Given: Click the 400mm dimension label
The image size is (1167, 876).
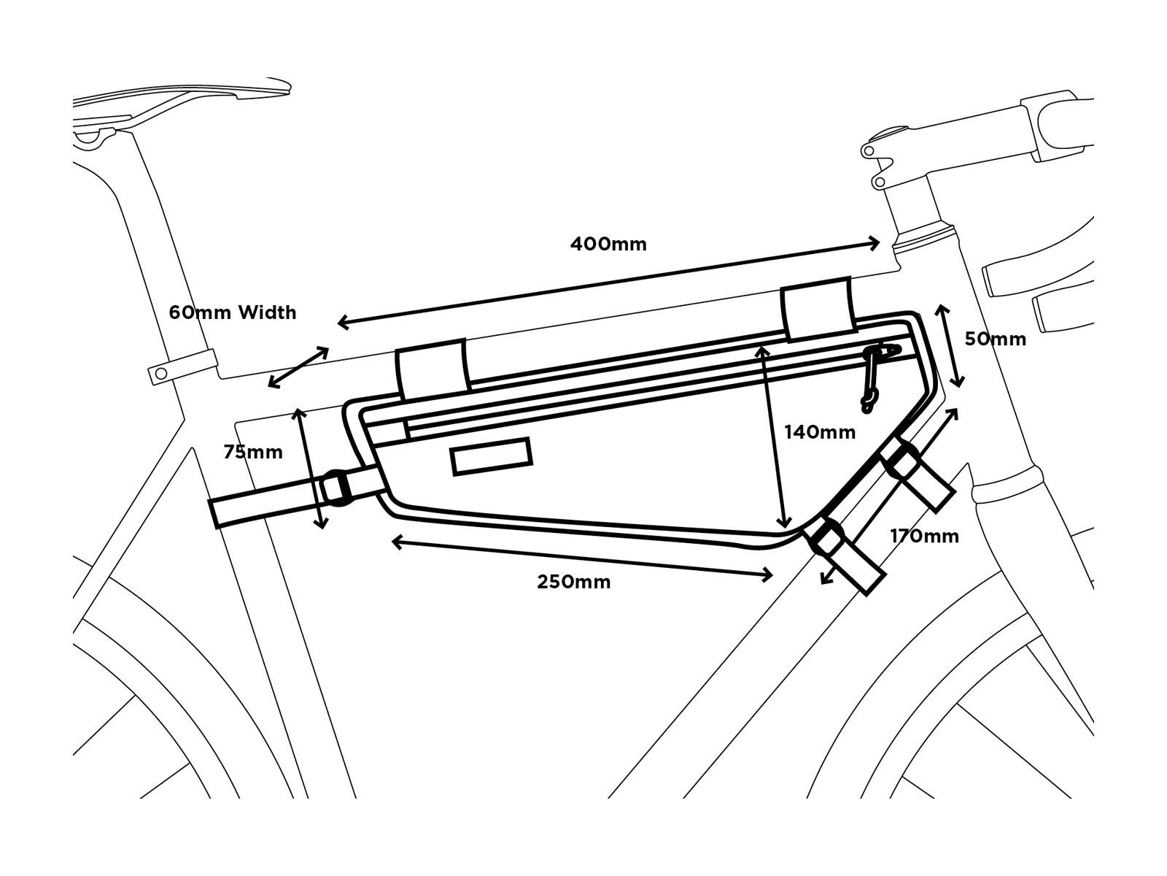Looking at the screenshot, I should click(608, 244).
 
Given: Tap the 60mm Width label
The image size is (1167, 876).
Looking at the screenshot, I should click(233, 312).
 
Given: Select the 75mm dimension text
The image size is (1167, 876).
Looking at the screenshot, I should click(253, 452).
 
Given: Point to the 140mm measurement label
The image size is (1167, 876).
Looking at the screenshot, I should click(820, 432).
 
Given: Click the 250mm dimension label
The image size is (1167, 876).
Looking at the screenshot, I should click(574, 582).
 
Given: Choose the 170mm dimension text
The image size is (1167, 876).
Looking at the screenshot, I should click(924, 537).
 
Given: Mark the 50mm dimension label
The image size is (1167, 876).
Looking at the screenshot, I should click(995, 339).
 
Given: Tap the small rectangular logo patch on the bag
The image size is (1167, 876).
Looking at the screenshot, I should click(492, 457).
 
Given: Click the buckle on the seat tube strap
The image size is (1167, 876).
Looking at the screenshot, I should click(336, 487).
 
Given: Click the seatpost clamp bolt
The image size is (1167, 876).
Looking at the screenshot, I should click(160, 374).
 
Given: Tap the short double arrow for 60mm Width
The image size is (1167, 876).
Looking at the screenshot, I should click(298, 367).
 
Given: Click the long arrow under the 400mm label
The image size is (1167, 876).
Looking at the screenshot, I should click(609, 283).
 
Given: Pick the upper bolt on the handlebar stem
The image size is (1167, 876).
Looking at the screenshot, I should click(867, 151).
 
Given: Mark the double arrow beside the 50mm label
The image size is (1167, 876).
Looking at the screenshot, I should click(950, 346).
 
